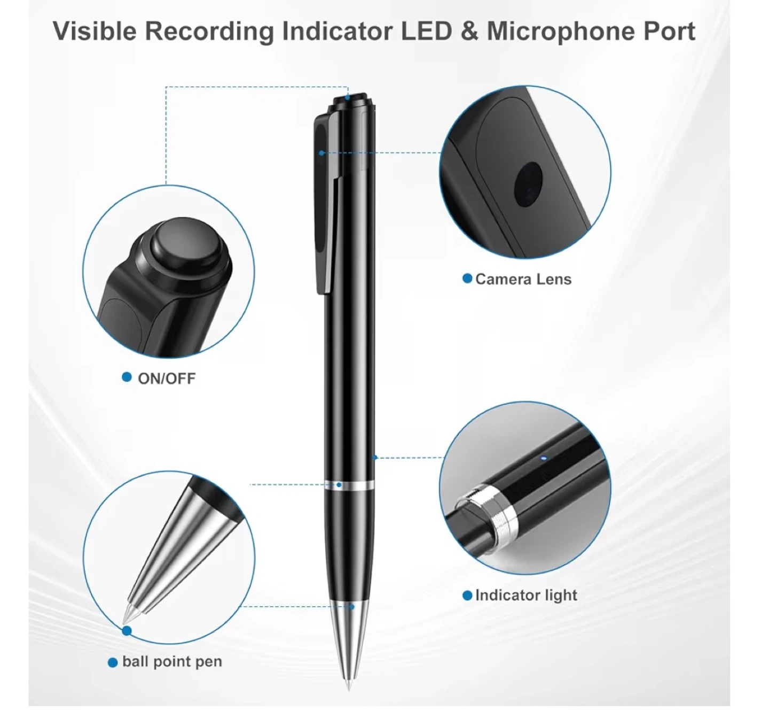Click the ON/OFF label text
click(x=166, y=379)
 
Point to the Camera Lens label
click(x=523, y=279)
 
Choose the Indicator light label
click(x=526, y=595)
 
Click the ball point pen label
click(x=172, y=662)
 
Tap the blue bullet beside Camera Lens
click(x=467, y=279)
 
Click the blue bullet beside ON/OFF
click(x=127, y=377)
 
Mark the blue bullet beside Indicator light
click(x=467, y=595)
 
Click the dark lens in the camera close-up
click(x=528, y=184)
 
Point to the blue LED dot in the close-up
click(x=543, y=458)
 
